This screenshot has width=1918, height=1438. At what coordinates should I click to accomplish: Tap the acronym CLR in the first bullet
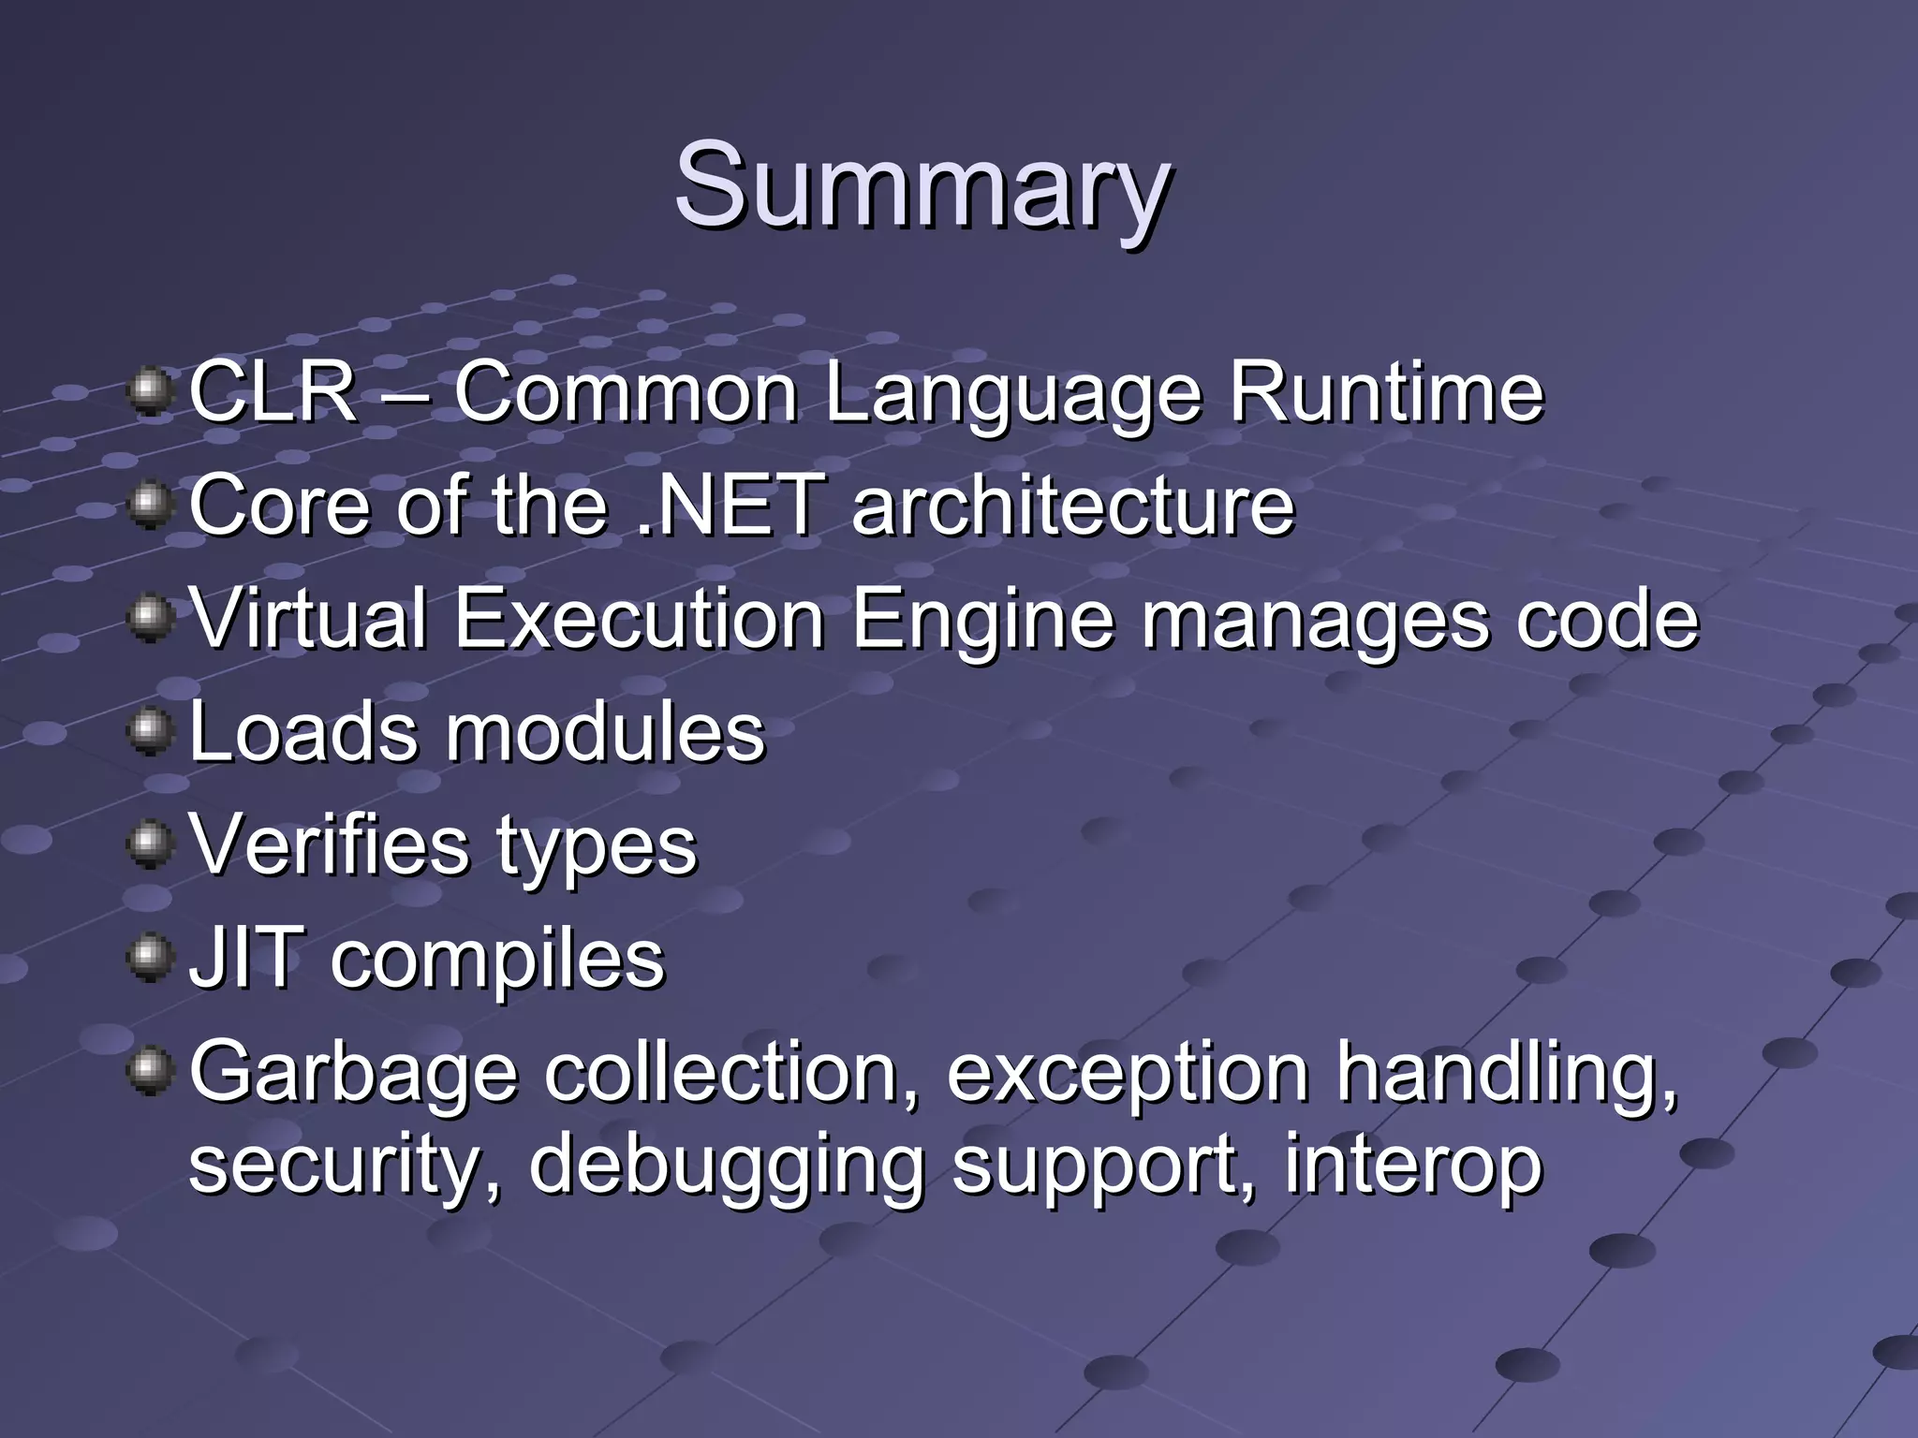[x=273, y=392]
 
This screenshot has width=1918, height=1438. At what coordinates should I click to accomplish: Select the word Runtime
[x=1386, y=392]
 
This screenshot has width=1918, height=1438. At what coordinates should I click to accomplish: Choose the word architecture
[x=1073, y=506]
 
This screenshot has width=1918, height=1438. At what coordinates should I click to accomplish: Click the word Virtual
[x=308, y=619]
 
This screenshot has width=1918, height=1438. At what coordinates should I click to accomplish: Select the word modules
[x=605, y=732]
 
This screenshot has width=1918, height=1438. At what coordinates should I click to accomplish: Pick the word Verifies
[x=329, y=845]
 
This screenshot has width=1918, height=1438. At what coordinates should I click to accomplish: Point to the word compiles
[x=497, y=963]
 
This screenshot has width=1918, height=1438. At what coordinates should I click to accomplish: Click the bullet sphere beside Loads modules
[x=150, y=730]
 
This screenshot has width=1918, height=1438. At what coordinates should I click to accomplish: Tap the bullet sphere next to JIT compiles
[x=150, y=957]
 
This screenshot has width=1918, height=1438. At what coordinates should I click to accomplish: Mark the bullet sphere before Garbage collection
[x=150, y=1070]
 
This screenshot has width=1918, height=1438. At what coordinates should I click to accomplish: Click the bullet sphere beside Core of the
[x=150, y=504]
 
